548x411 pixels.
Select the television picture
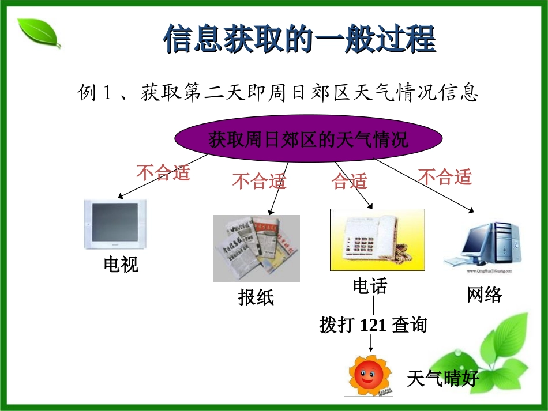point(115,224)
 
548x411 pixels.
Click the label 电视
point(121,265)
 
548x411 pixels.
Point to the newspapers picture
point(256,248)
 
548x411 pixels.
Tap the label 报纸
point(256,297)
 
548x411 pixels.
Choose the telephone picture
point(377,239)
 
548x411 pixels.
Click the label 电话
point(370,286)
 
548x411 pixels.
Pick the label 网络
point(484,295)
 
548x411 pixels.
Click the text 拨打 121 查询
point(373,325)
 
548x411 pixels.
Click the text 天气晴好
point(442,378)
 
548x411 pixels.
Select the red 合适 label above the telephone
point(349,182)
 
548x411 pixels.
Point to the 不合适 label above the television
point(163,172)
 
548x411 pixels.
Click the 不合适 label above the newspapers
point(259,182)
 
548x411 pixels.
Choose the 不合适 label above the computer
point(445,177)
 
